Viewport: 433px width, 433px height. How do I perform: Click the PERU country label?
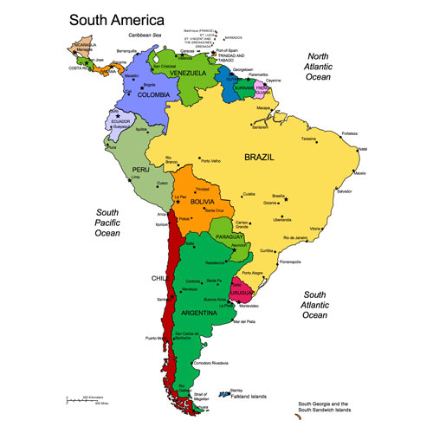(x=141, y=169)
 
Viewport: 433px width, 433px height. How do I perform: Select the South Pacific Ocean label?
(x=107, y=223)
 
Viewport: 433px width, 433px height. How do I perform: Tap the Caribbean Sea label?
(x=144, y=35)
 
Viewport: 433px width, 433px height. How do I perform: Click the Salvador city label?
(x=346, y=191)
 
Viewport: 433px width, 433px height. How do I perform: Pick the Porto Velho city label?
(x=210, y=160)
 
